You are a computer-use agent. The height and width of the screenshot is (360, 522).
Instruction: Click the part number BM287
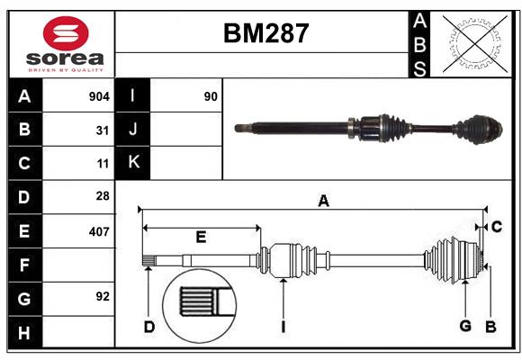point(266,33)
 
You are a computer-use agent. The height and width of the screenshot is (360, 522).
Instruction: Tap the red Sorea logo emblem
point(66,33)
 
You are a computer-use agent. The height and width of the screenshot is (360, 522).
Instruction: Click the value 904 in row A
point(99,96)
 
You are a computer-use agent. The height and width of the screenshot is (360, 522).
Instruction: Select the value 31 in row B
point(103,130)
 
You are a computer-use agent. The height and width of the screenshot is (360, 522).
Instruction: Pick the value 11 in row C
point(103,164)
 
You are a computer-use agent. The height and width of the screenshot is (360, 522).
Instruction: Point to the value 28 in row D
point(103,196)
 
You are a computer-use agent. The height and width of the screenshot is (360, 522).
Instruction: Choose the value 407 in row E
point(99,232)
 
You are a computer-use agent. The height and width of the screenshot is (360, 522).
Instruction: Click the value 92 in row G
point(103,296)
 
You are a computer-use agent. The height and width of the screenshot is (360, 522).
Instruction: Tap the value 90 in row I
point(211,96)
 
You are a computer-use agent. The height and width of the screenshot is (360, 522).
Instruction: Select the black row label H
point(24,333)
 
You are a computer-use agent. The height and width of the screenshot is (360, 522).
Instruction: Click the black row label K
point(133,162)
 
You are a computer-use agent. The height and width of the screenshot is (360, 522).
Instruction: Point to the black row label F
point(24,265)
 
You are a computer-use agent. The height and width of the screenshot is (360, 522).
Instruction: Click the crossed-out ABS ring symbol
point(475,43)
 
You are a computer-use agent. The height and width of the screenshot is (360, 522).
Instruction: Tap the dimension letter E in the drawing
point(201,237)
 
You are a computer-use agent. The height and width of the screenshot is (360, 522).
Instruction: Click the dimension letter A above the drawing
point(323,201)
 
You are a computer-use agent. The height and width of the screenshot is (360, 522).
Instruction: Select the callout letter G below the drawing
point(465,326)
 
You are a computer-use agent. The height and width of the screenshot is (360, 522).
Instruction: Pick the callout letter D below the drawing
point(149,327)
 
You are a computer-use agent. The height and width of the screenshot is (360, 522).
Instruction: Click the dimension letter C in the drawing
point(497,227)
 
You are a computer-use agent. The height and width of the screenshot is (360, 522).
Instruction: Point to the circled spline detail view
point(200,306)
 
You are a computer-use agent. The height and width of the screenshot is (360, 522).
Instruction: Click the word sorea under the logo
point(65,58)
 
